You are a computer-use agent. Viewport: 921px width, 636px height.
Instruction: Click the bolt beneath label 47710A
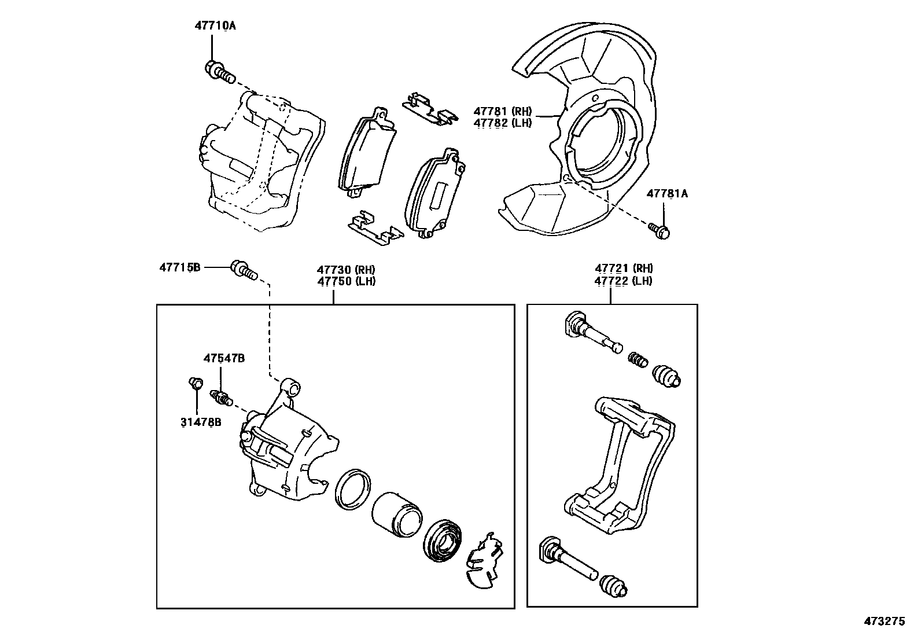(x=219, y=72)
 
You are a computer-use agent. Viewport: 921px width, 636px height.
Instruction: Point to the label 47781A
(x=667, y=194)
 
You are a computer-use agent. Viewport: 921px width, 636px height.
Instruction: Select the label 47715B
(x=180, y=267)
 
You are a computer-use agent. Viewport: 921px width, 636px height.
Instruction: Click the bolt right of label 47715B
(x=244, y=270)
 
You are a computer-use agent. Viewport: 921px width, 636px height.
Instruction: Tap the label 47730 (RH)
(x=346, y=269)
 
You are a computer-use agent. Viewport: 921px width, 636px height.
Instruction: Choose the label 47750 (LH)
(x=346, y=281)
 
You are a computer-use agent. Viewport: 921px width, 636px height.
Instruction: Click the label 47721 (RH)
(x=623, y=269)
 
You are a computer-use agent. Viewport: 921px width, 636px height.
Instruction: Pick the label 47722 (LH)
(x=623, y=281)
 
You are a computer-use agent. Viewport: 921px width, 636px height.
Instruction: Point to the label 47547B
(x=223, y=359)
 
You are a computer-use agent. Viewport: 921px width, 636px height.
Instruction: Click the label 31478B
(x=200, y=422)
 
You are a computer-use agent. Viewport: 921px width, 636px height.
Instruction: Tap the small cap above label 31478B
(x=196, y=383)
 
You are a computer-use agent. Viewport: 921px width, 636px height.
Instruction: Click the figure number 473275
(x=884, y=622)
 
